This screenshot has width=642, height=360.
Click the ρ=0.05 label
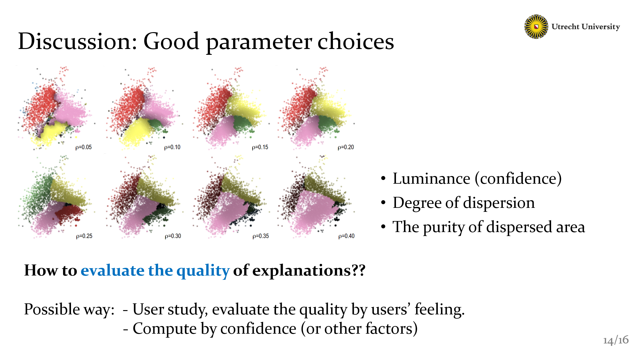pos(84,147)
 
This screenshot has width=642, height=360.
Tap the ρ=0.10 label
pos(172,147)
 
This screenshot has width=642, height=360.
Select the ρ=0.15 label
pos(260,147)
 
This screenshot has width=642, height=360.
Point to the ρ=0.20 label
pos(346,147)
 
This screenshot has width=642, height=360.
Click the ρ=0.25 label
pos(84,236)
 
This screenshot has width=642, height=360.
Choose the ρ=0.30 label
pos(173,236)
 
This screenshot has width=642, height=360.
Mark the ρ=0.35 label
pos(261,236)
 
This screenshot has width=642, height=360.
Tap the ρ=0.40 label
pos(346,236)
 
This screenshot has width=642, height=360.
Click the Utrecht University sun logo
pos(536,27)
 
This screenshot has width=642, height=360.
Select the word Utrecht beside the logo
pos(565,27)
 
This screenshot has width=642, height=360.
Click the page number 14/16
pos(616,340)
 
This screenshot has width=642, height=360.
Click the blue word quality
pos(203,271)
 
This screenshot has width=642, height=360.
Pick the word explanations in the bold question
pos(301,271)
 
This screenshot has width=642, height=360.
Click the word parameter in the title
pos(259,42)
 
